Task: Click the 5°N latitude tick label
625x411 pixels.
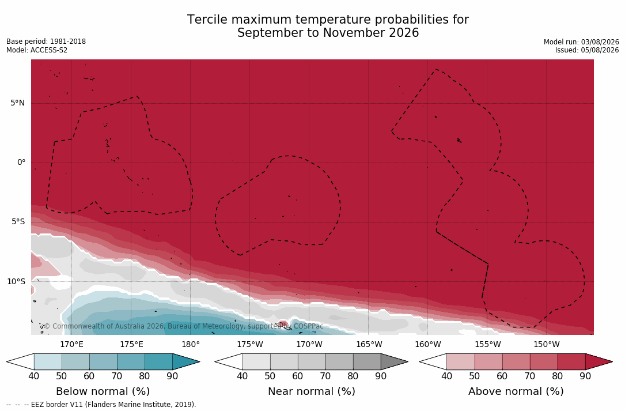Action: coord(17,103)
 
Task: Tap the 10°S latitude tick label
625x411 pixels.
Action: coord(16,282)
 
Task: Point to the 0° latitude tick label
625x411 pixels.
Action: coord(21,163)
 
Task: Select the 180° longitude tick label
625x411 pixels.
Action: coord(191,344)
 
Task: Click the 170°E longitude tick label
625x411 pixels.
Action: coord(72,344)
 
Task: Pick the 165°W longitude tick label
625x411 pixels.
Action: coord(369,344)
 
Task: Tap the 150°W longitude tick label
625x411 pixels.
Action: coord(547,344)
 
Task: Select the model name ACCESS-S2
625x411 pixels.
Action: coord(50,50)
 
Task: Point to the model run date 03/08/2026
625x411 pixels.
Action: coord(600,42)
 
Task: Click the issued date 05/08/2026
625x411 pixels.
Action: coord(600,50)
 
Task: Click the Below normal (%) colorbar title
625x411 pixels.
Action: coord(103,391)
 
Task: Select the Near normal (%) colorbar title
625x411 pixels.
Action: coord(311,391)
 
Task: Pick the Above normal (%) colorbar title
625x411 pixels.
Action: coord(516,391)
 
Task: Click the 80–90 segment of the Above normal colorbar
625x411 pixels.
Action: coord(571,361)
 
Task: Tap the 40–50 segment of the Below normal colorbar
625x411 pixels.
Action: coord(48,361)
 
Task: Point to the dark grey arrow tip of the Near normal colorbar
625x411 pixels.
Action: coord(407,362)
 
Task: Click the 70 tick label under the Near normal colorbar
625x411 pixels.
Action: coord(325,376)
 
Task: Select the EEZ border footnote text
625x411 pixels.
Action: coord(101,404)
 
